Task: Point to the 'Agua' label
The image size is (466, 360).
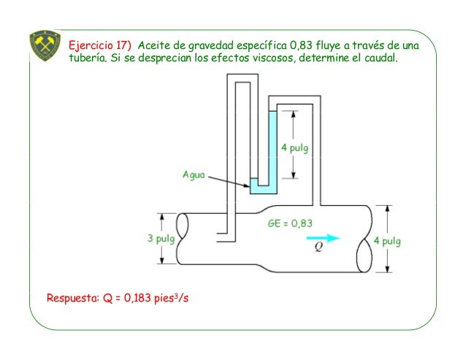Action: [194, 175]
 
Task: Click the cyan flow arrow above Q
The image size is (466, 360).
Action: [323, 237]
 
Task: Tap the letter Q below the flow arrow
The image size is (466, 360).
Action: [318, 247]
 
